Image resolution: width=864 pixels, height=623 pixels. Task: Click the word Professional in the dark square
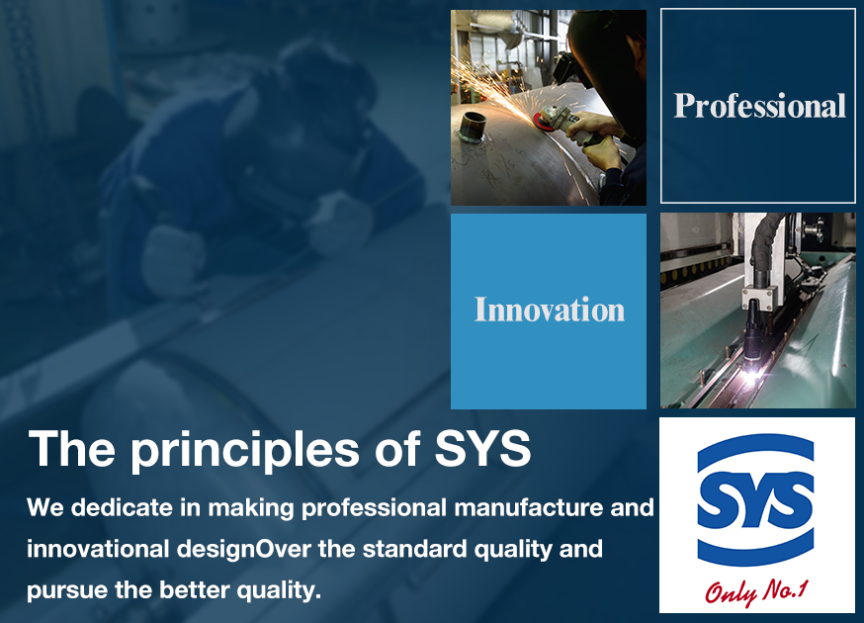760,106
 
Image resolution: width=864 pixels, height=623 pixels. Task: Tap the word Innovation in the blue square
550,310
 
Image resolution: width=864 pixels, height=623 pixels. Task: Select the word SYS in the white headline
482,448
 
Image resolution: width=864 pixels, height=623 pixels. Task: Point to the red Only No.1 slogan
756,592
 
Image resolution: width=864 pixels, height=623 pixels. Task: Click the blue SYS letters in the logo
755,500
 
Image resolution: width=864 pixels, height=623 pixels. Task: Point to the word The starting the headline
71,448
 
